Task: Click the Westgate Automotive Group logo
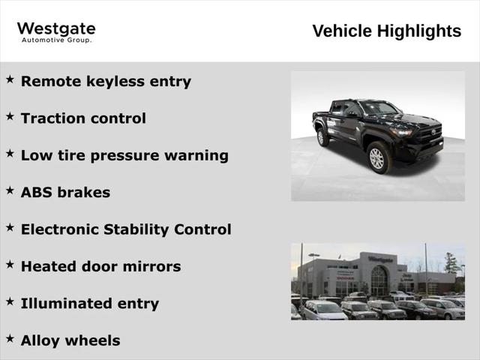[56, 31]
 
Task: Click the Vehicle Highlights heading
[386, 31]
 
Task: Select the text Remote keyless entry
[106, 81]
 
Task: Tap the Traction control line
[83, 118]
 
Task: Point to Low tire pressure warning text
[124, 155]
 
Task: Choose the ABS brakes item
[65, 193]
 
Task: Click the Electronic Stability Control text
[126, 229]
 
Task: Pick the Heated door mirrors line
[100, 266]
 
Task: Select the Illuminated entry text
[90, 304]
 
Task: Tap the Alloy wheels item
[70, 340]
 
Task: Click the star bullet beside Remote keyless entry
[10, 79]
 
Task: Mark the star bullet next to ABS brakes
[10, 190]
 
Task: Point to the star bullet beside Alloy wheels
[10, 339]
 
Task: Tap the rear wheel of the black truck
[322, 137]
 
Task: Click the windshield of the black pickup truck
[379, 109]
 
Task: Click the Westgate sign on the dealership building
[380, 259]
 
